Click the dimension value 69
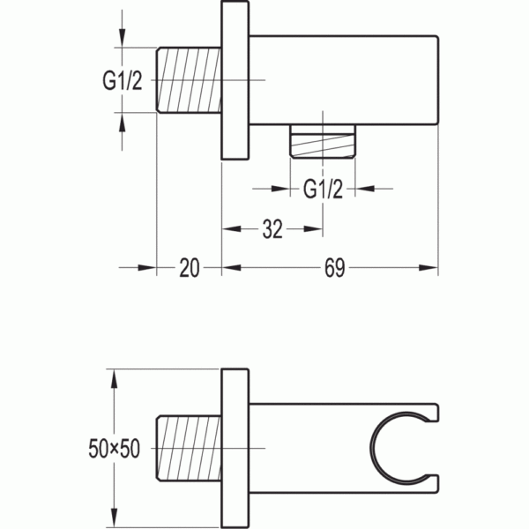334,268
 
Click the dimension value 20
190,268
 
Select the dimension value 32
272,229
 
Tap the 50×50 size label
114,449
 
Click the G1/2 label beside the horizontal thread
123,81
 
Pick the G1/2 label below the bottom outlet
323,190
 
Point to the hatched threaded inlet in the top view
189,80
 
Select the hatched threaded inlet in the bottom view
189,449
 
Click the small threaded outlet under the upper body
323,141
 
